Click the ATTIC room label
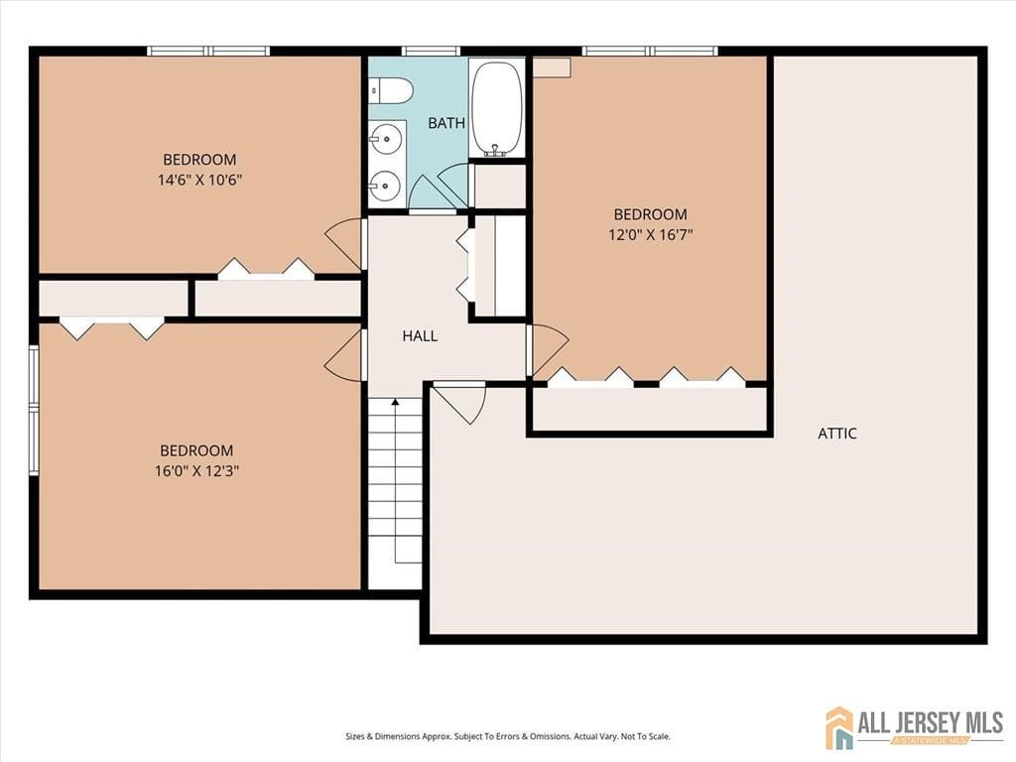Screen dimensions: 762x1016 [x=836, y=434]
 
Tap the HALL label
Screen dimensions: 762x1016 [x=420, y=336]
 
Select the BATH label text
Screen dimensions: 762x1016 [x=445, y=123]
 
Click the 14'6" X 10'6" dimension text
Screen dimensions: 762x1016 [x=199, y=180]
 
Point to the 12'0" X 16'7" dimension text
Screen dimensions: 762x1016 [x=650, y=235]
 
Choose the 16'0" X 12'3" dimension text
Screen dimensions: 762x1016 [x=196, y=471]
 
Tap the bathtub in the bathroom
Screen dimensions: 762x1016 [x=496, y=108]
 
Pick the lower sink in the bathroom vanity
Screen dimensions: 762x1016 [x=386, y=185]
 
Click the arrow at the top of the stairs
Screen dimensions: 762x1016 [x=395, y=403]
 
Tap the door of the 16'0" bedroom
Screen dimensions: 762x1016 [x=346, y=355]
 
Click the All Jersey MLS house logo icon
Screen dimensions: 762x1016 [x=839, y=727]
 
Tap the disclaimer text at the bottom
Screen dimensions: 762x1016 [x=507, y=736]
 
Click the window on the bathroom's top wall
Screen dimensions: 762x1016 [x=431, y=51]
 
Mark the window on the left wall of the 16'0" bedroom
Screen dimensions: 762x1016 [x=34, y=410]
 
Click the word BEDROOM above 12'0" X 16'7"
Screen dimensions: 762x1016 [x=650, y=214]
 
